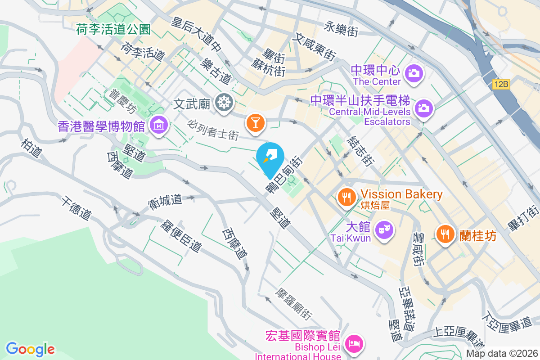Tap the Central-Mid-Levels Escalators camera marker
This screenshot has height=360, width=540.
[423, 108]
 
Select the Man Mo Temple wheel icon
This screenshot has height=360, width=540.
[223, 102]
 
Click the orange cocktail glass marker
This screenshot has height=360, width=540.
[255, 122]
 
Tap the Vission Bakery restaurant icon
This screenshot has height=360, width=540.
[346, 197]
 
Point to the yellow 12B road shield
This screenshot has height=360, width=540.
[500, 84]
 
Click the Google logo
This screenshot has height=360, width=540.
[30, 349]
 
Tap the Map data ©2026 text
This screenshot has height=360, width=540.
[502, 353]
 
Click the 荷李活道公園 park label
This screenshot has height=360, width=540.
[113, 30]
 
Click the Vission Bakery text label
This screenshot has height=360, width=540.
[402, 194]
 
